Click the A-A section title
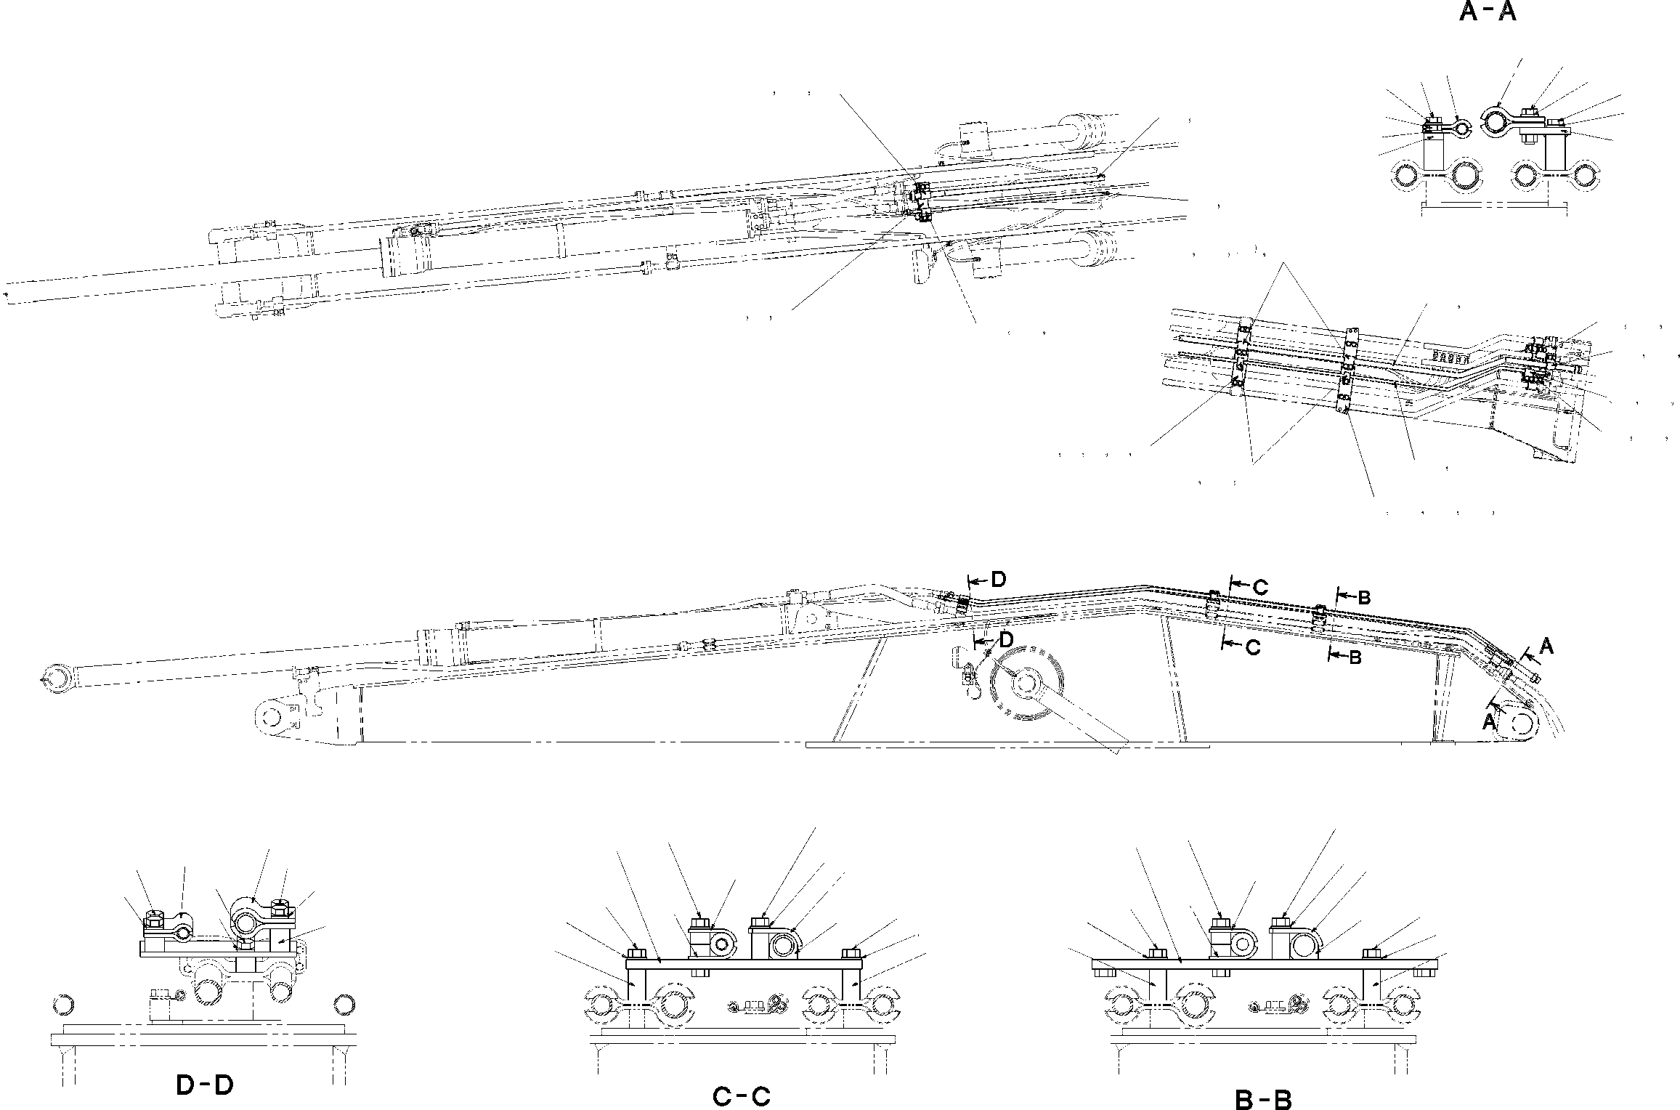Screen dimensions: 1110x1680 (1488, 13)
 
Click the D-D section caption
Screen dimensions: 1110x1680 (205, 1085)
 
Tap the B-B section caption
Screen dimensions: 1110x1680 (1263, 1101)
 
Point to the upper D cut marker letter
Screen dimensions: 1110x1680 (999, 580)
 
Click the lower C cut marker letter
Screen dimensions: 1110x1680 (1254, 648)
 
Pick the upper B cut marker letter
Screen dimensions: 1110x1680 (1364, 598)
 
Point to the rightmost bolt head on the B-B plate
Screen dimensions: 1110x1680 (1372, 952)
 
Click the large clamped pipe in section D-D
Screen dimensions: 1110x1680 (246, 924)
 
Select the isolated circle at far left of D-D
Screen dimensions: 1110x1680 (64, 1005)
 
